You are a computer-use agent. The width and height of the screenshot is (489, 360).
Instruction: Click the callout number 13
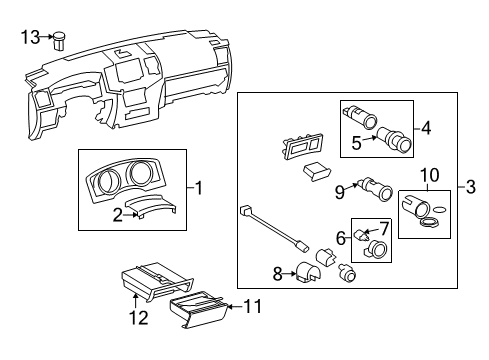click(32, 37)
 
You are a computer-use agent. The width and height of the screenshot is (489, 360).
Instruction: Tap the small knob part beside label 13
click(61, 40)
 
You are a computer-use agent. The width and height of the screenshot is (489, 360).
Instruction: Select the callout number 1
click(200, 186)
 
